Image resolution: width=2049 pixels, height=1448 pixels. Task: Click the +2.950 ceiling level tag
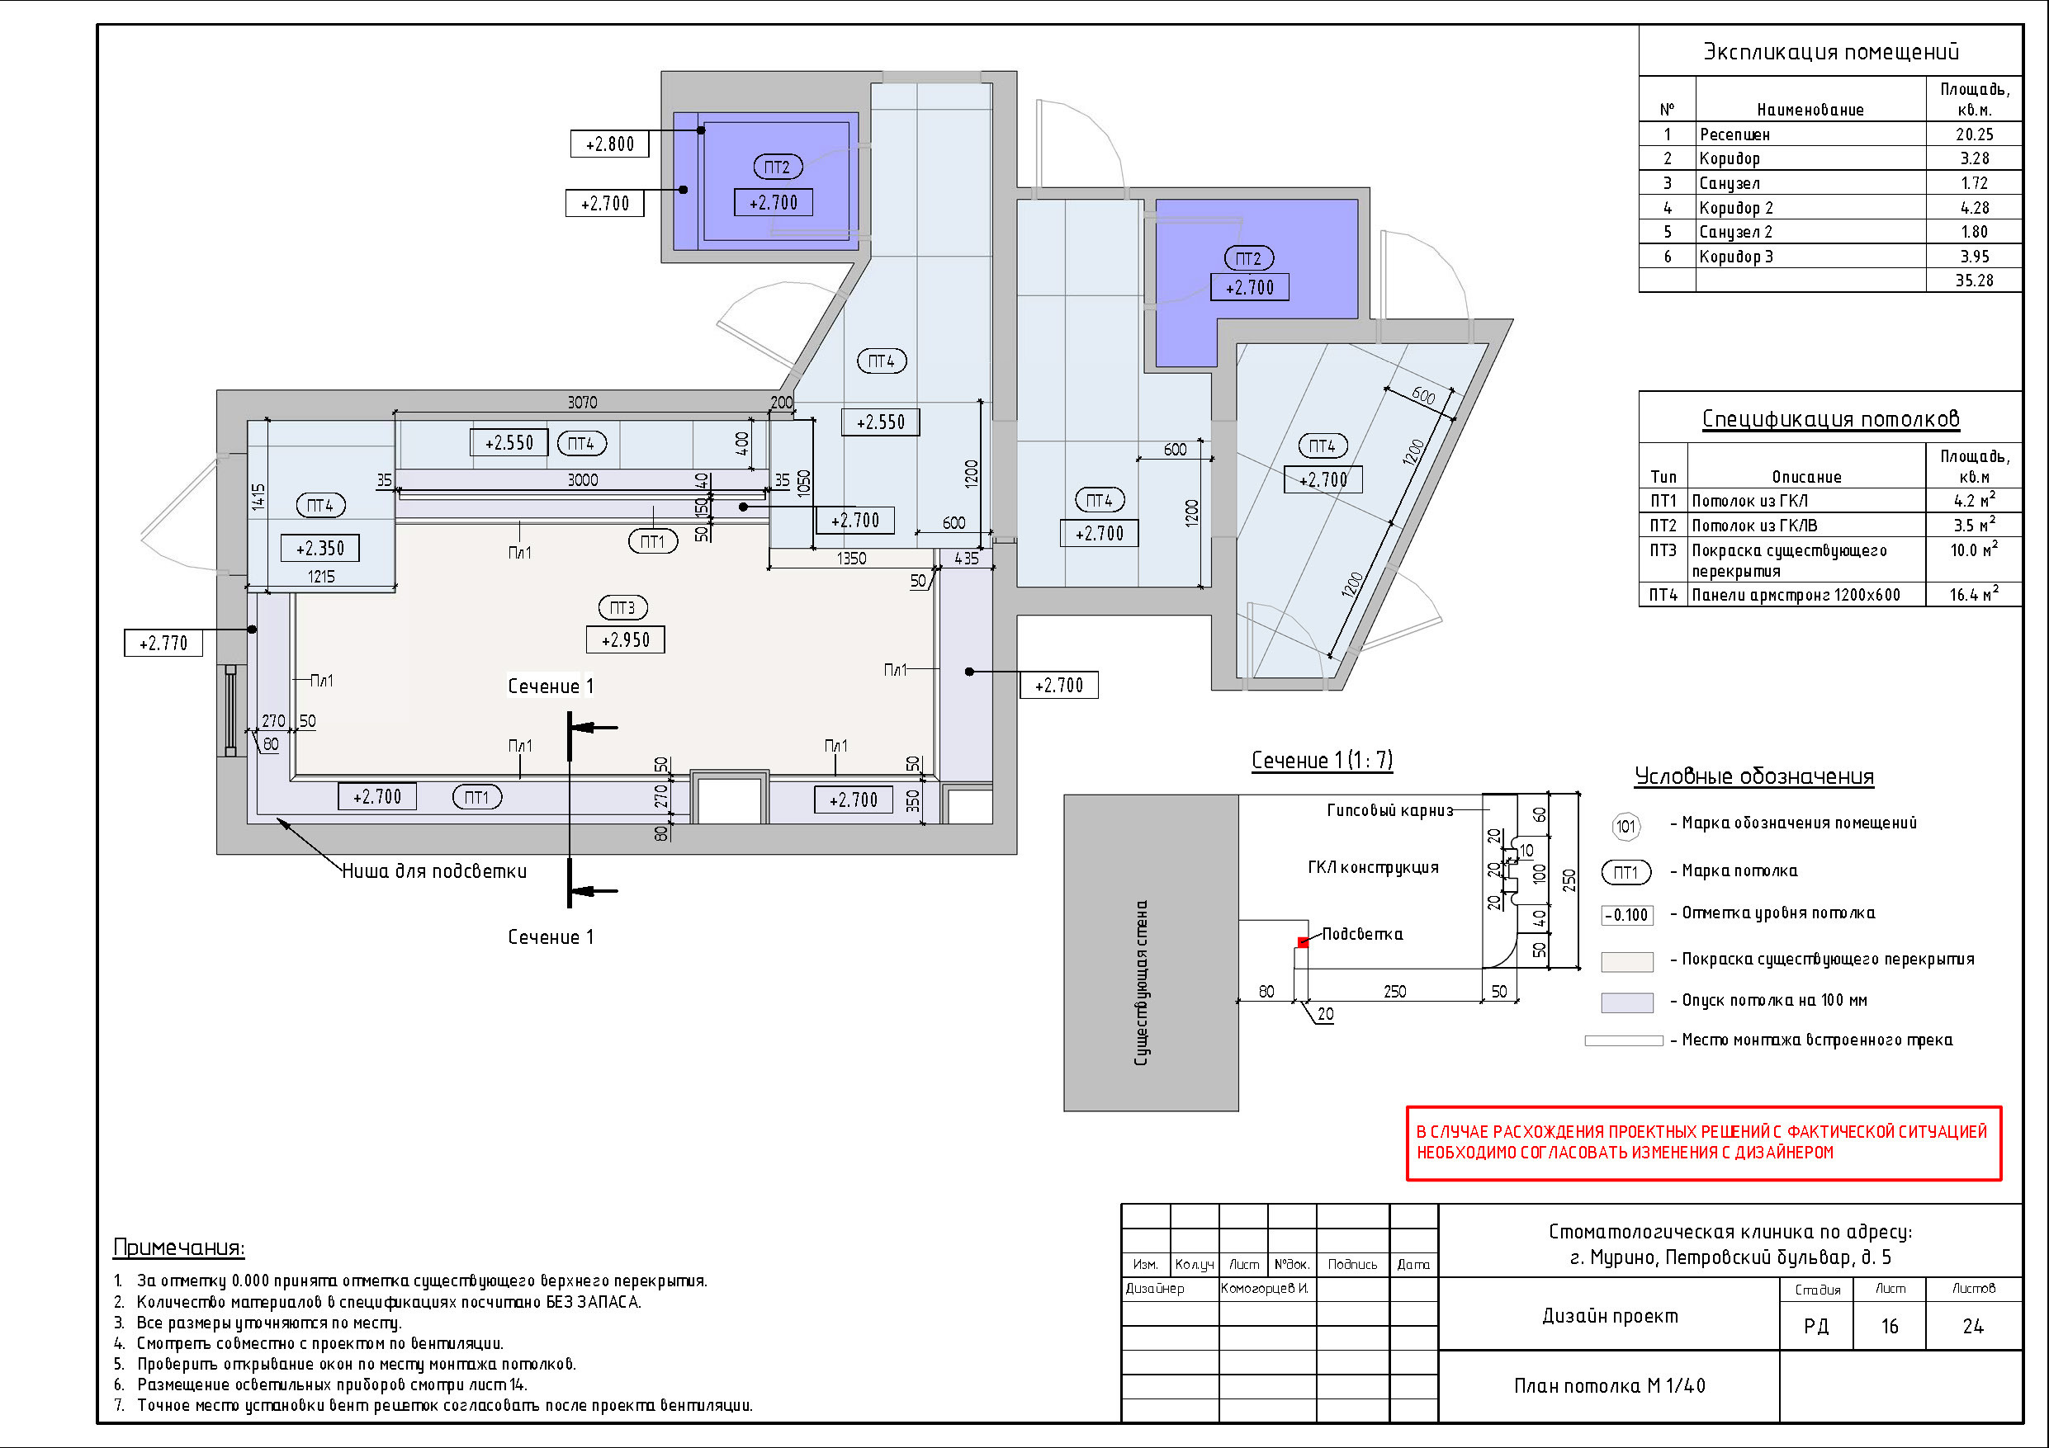pyautogui.click(x=625, y=639)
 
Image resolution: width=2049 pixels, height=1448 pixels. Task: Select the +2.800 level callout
pyautogui.click(x=609, y=144)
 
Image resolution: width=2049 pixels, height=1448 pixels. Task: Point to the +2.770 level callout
pyautogui.click(x=163, y=643)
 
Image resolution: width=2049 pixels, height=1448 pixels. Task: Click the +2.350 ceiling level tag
pyautogui.click(x=320, y=548)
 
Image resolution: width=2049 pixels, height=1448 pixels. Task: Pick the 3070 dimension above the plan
pyautogui.click(x=583, y=403)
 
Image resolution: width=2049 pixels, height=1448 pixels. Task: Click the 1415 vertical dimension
pyautogui.click(x=258, y=497)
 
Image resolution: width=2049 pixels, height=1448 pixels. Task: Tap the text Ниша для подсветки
pyautogui.click(x=434, y=870)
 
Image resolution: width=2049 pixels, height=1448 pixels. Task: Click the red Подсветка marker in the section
pyautogui.click(x=1303, y=942)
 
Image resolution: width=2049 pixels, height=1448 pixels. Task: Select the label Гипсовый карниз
pyautogui.click(x=1389, y=810)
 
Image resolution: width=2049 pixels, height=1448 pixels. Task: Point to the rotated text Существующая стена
pyautogui.click(x=1142, y=983)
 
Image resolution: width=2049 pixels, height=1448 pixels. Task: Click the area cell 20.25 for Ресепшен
pyautogui.click(x=1974, y=134)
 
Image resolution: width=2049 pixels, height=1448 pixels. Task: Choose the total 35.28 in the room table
pyautogui.click(x=1974, y=281)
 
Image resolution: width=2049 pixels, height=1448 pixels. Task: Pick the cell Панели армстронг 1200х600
pyautogui.click(x=1796, y=595)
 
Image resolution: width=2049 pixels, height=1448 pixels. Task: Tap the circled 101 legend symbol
pyautogui.click(x=1626, y=826)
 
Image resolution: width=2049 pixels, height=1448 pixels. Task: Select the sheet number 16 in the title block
pyautogui.click(x=1889, y=1327)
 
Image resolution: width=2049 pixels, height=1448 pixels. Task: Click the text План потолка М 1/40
pyautogui.click(x=1609, y=1385)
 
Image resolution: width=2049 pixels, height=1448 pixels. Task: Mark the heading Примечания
pyautogui.click(x=178, y=1248)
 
